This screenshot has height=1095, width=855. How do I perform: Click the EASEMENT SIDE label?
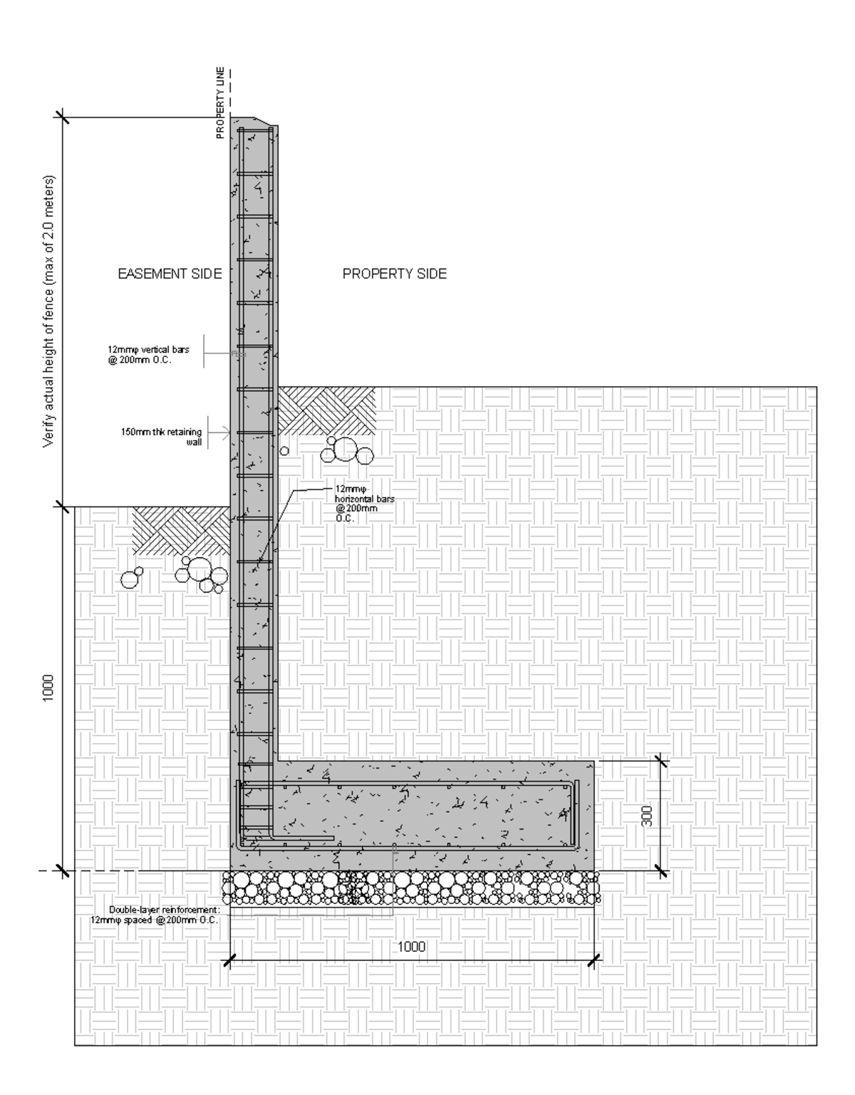170,274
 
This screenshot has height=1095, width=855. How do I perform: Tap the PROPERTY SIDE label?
395,274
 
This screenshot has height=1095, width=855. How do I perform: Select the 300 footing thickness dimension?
647,816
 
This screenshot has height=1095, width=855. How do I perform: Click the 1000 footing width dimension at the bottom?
411,946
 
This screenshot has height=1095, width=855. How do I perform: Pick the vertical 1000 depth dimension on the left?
48,687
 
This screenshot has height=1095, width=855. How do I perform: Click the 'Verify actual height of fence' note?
48,311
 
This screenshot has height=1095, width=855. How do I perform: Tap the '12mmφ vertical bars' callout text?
148,355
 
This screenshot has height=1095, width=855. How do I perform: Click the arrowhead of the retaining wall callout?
227,432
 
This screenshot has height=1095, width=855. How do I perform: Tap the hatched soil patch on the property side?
327,411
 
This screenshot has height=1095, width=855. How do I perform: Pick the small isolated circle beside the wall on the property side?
284,450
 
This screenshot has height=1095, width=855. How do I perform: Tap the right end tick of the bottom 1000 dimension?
593,962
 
